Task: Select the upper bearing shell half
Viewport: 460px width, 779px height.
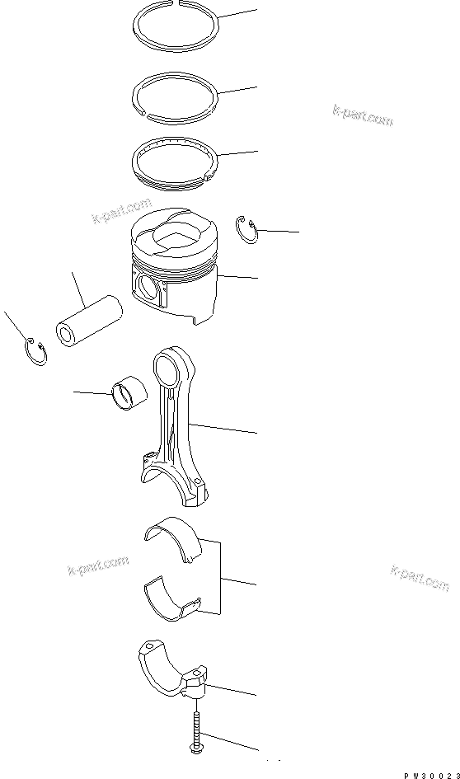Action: [x=174, y=540]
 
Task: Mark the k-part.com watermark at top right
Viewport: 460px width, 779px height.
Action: [x=364, y=116]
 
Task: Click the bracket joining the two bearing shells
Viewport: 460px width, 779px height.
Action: [x=220, y=577]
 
